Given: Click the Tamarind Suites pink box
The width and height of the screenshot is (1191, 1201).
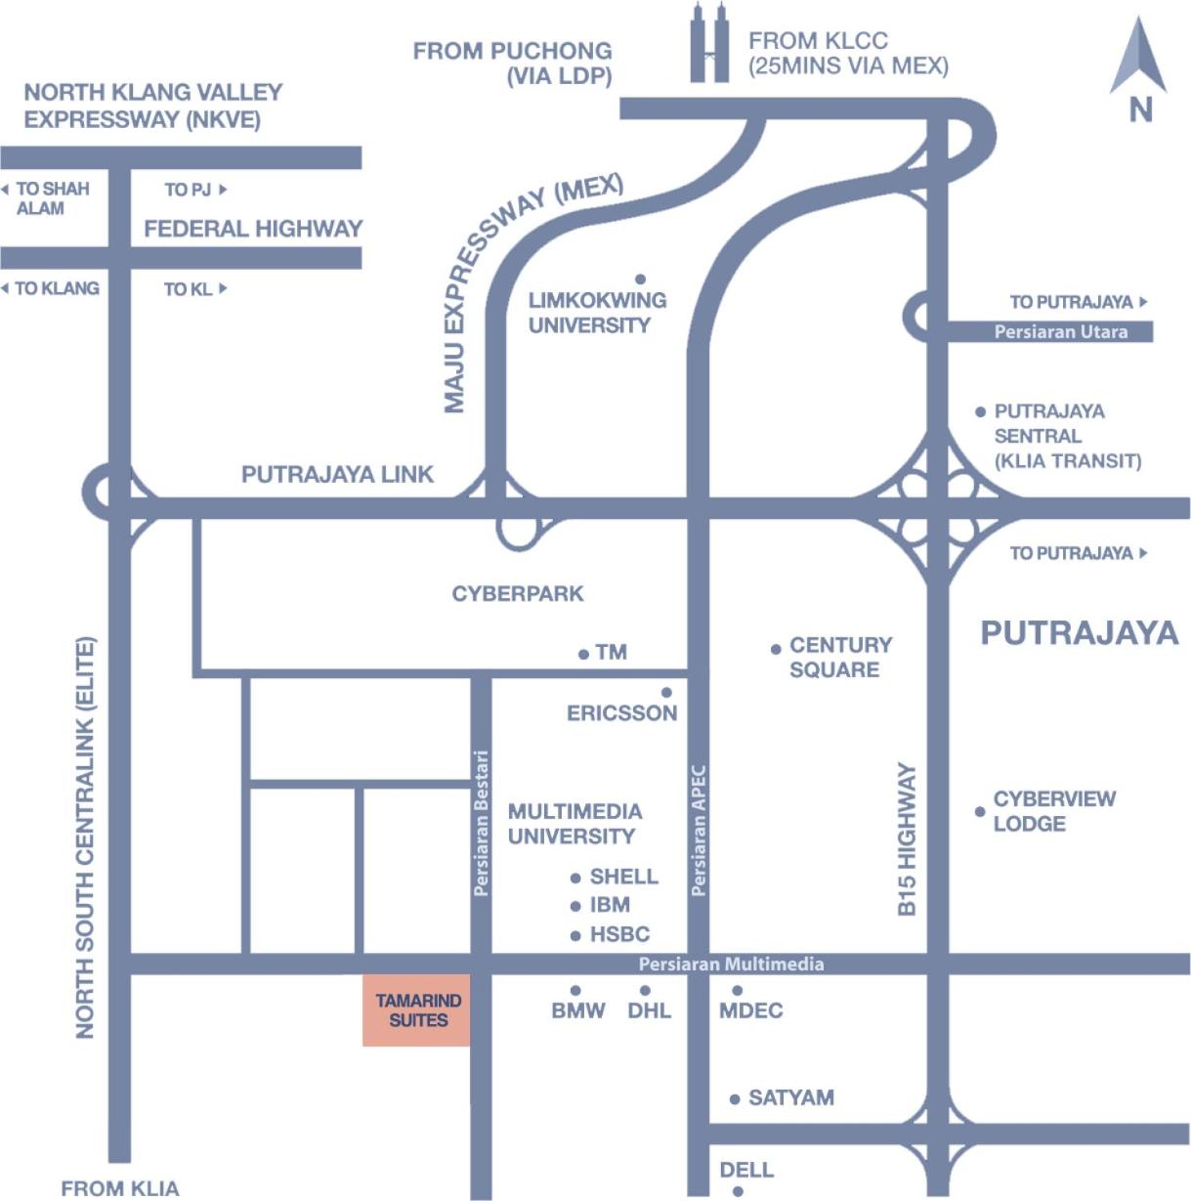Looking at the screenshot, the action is (416, 1009).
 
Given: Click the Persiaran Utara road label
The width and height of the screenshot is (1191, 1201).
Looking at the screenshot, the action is (1061, 331).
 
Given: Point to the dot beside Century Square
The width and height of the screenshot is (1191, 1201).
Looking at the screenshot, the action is (776, 650).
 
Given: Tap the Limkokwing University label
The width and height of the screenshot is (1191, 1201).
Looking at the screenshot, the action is (597, 313).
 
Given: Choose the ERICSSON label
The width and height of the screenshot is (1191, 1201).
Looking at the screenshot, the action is (621, 713).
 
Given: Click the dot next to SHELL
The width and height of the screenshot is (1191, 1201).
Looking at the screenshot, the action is (575, 879).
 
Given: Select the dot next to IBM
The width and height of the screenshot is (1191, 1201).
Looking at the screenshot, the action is (575, 906).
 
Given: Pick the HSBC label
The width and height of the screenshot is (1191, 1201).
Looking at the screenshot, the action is (619, 934).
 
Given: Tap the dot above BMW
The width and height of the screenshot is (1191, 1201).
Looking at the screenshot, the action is (575, 990).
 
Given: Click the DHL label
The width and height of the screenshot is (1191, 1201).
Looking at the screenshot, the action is (649, 1010).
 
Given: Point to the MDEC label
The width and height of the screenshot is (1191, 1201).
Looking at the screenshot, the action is (750, 1010).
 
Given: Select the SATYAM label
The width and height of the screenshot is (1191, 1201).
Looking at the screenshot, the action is (790, 1097).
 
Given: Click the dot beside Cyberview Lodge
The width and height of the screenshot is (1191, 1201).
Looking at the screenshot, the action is (980, 811).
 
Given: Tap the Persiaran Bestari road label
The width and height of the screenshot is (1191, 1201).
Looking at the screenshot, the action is (481, 823).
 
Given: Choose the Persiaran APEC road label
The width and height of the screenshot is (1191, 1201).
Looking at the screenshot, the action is (699, 831).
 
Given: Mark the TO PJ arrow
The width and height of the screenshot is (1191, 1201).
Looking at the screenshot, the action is (223, 189).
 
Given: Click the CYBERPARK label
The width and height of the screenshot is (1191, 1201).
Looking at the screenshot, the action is (517, 594).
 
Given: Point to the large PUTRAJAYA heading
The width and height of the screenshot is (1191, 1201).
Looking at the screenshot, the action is (1080, 633).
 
